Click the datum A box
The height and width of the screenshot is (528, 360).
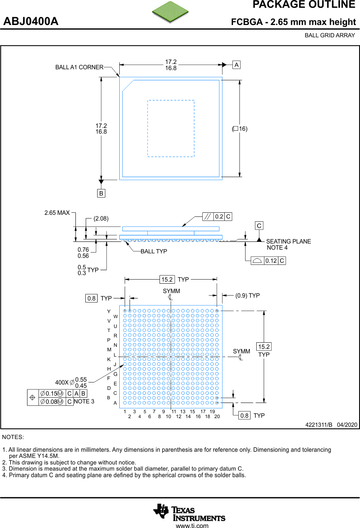pos(237,65)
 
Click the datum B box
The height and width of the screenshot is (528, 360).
pos(101,193)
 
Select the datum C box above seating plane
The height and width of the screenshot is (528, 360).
pos(259,226)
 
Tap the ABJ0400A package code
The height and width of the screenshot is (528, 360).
pos(31,22)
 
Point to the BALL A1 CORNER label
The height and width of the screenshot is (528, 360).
pos(79,67)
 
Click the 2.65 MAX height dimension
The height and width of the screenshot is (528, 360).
pos(57,213)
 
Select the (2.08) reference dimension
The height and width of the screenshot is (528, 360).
pos(101,218)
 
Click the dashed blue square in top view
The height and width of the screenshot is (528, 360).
pos(171,128)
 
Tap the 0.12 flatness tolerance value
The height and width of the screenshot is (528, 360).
pos(271,261)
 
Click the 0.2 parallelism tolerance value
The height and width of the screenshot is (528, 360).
pos(219,217)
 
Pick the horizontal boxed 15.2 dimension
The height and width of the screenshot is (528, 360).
pos(167,280)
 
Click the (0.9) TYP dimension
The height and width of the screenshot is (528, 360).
pos(248,296)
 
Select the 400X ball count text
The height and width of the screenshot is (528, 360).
pos(62,382)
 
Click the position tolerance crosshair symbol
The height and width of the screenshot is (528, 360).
pos(32,398)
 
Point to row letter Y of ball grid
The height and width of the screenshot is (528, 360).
pos(109,312)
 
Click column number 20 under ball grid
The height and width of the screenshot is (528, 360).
pos(217,416)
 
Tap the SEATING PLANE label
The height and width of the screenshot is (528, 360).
pos(288,241)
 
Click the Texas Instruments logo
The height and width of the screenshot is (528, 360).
pos(189,512)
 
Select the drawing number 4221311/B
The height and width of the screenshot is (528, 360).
pos(319,425)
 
